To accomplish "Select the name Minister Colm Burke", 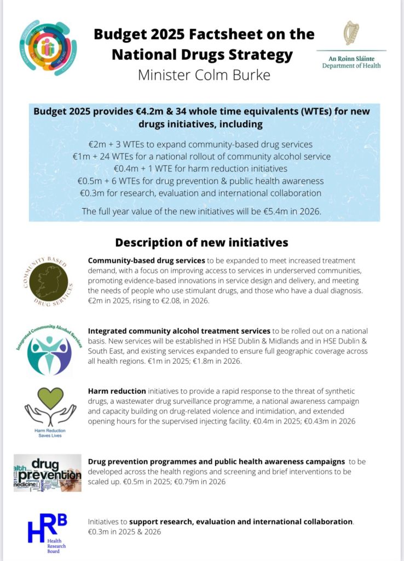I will tap(204, 75).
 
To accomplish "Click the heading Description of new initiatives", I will tap(201, 242).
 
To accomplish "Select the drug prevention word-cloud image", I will tap(48, 471).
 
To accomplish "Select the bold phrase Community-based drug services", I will tap(146, 260).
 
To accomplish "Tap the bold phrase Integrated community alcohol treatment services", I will tap(179, 331).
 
